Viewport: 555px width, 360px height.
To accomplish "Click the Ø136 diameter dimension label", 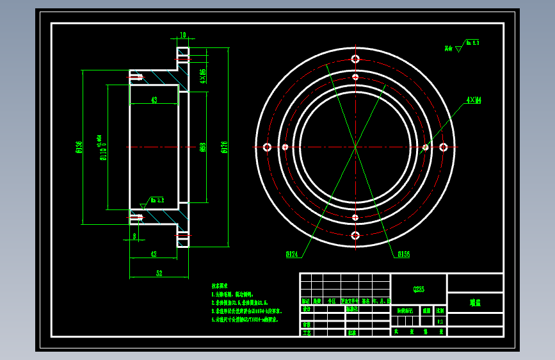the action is [x=79, y=148].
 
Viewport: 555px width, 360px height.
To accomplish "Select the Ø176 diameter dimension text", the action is [x=224, y=147].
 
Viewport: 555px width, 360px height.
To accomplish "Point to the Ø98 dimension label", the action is [x=203, y=147].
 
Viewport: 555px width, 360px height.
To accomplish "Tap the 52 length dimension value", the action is [x=159, y=274].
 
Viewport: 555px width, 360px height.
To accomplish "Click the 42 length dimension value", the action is [x=154, y=254].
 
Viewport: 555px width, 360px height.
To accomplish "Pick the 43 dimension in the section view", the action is [x=154, y=100].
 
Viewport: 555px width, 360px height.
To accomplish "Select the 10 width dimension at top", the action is [x=183, y=35].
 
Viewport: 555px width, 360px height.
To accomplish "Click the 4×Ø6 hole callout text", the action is [x=203, y=76].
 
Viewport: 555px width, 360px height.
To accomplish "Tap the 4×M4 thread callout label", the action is [x=474, y=101].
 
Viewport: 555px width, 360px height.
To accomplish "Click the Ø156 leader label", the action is [x=403, y=254].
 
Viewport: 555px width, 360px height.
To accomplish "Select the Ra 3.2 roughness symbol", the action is [x=156, y=200].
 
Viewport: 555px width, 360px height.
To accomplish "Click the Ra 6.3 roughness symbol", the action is [x=471, y=44].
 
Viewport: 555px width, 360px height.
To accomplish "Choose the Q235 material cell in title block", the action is [x=418, y=290].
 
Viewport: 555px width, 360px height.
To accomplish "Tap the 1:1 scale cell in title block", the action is [x=440, y=321].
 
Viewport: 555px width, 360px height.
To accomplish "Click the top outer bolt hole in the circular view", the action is [x=355, y=59].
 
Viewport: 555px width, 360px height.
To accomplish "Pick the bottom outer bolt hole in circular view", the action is [x=355, y=236].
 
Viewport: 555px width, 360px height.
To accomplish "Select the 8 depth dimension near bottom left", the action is [x=134, y=236].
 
